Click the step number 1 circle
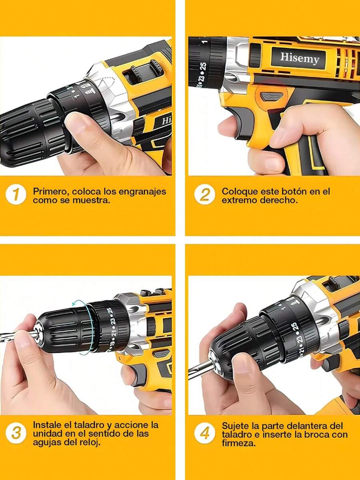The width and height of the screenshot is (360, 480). [x=16, y=194]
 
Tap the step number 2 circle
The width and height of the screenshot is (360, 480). [x=204, y=194]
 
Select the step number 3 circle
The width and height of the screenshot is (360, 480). [x=16, y=433]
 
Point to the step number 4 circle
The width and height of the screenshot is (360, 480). [x=204, y=433]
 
